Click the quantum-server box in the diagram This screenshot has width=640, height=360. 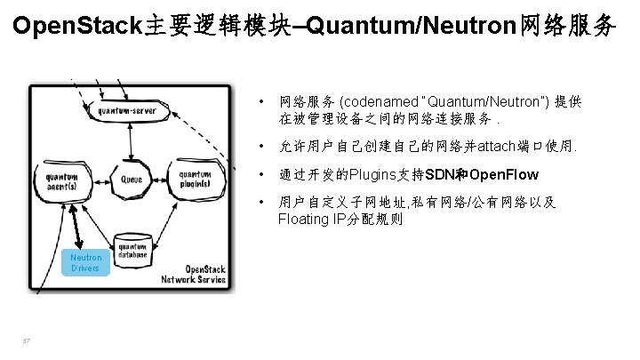[130, 111]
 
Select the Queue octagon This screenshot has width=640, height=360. [132, 178]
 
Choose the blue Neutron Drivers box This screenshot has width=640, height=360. [86, 262]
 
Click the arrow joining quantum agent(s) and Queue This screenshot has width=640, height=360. [97, 179]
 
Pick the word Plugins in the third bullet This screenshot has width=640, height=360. [377, 173]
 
